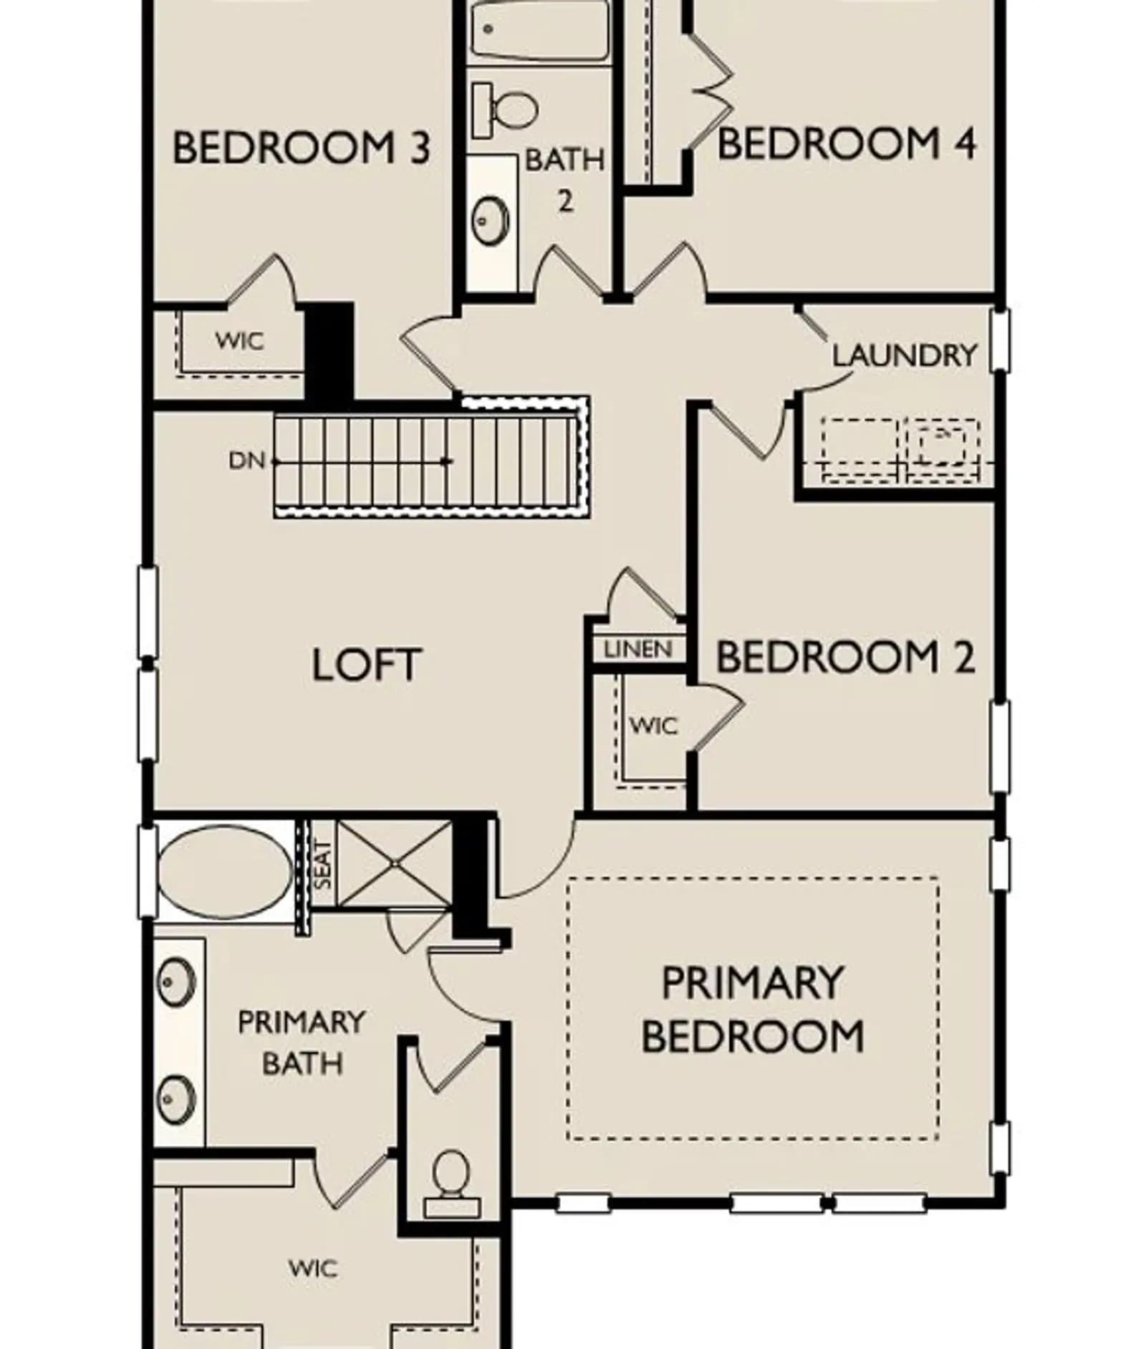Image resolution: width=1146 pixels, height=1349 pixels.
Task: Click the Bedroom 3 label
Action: [302, 148]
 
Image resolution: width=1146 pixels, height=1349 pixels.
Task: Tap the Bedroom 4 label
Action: [846, 143]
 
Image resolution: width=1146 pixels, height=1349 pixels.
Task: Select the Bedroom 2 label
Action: [845, 656]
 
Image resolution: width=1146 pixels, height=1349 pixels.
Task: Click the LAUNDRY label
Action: [904, 355]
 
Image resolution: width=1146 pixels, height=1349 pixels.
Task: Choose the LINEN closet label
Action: [638, 649]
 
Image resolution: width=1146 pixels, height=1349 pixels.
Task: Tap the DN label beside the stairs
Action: [246, 461]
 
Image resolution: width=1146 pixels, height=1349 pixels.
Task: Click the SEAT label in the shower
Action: [323, 865]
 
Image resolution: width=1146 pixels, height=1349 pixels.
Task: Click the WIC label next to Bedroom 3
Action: [240, 340]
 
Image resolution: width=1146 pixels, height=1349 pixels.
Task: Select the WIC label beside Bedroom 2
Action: [653, 726]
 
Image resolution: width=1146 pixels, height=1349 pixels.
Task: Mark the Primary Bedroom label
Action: [752, 1009]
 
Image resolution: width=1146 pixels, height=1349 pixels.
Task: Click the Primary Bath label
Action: [302, 1042]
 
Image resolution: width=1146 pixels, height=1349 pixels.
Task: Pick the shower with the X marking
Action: [394, 863]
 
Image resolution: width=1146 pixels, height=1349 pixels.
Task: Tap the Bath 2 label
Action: [565, 179]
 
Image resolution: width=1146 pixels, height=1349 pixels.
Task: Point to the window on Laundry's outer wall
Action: [1000, 340]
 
